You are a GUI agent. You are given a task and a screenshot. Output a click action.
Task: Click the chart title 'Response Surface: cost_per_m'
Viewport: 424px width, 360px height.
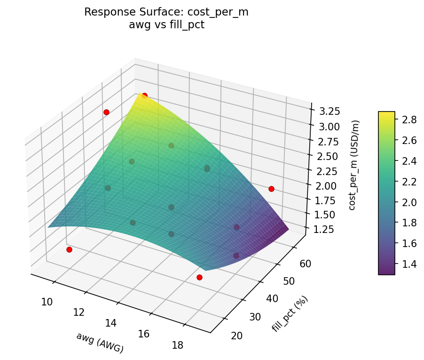166,12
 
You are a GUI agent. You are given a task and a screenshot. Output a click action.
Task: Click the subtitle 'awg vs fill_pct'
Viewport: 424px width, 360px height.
166,24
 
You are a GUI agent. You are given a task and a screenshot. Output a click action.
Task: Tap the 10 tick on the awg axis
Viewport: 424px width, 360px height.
47,302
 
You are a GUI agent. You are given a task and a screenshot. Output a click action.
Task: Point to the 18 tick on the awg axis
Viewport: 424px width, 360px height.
178,345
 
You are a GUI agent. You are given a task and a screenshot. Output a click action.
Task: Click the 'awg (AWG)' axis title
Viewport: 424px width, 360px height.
100,343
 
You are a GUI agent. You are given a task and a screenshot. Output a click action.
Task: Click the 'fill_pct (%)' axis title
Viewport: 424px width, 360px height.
290,314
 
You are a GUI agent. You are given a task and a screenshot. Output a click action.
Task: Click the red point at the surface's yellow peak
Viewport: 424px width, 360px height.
144,96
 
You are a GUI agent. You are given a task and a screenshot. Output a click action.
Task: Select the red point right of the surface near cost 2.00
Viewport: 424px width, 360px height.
271,189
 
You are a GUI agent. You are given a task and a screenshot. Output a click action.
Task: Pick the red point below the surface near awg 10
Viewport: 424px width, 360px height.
69,249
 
